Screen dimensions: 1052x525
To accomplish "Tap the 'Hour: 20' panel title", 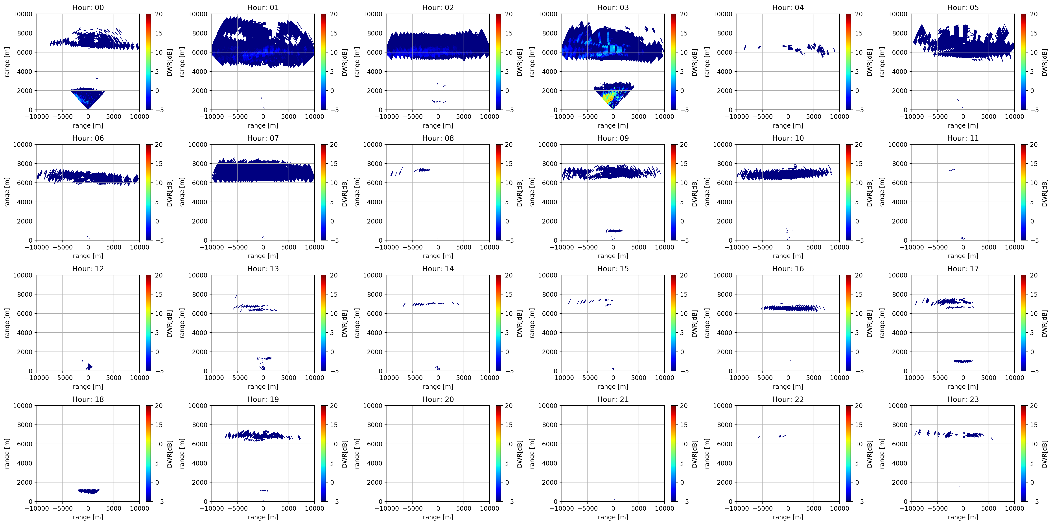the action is coord(438,399).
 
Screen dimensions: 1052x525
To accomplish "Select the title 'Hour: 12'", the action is coord(88,269).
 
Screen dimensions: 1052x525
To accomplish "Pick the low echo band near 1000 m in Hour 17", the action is coord(963,361).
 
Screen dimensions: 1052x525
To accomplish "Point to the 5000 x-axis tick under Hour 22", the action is coord(814,508).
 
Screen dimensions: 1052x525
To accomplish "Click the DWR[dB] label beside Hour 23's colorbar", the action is coord(1045,454).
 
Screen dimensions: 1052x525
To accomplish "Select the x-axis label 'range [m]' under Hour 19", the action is coord(263,517).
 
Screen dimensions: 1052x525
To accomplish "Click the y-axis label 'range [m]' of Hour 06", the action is coord(7,192).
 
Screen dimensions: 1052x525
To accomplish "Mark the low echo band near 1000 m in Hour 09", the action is coord(614,231).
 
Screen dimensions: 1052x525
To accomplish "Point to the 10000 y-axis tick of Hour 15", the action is coord(548,275).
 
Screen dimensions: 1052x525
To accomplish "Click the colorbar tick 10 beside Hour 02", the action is coord(508,52).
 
